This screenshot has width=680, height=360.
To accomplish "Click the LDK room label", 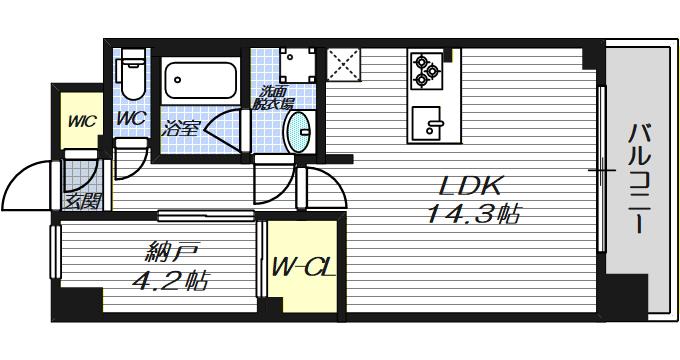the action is point(471,186).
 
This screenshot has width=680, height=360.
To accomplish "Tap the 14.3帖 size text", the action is point(474,214).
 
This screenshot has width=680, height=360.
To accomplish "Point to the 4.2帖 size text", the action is point(170,281).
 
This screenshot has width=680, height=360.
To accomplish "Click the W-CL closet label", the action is point(303,268).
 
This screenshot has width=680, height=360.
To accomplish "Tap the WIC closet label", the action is point(82,121).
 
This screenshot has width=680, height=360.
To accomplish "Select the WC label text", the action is point(131,118).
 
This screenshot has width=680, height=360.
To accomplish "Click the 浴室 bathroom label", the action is point(180,129).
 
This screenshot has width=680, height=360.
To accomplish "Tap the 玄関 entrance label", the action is point(83,201).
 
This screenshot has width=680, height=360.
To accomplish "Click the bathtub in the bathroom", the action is point(200,80).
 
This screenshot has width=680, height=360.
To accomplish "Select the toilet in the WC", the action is point(132,74).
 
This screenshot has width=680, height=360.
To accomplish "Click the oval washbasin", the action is point(300,132).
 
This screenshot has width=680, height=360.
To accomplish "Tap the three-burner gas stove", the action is point(426,71).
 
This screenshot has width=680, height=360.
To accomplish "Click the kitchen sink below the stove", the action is point(427,123).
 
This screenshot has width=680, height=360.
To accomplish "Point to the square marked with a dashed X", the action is point(343,64).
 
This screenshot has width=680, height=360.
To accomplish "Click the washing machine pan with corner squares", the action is point(298,65).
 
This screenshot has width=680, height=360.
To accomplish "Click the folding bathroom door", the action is point(226,130).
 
